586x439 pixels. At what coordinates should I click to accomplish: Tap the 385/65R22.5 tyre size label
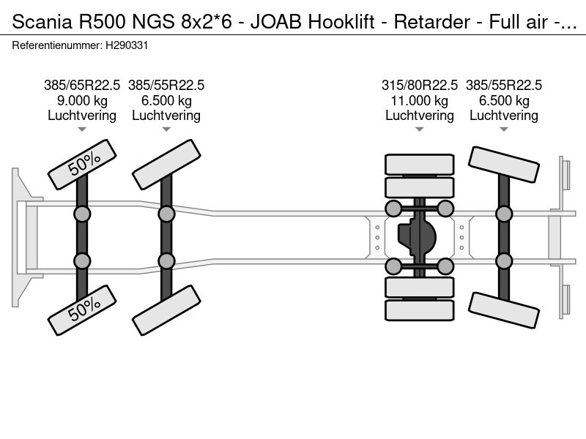click(82, 85)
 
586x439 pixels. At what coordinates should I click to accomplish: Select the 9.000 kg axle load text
click(82, 100)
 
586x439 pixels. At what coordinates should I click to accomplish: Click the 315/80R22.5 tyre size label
click(420, 85)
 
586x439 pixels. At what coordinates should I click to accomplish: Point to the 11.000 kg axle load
click(420, 100)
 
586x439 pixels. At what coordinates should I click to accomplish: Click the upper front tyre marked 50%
click(82, 165)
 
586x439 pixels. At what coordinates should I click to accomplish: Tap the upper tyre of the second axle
click(166, 165)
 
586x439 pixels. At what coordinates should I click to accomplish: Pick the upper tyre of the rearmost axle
click(504, 165)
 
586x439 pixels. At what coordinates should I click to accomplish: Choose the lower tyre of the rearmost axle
click(504, 310)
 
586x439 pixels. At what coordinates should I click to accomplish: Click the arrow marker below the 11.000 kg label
click(420, 130)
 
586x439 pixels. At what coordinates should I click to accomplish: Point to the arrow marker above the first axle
click(82, 130)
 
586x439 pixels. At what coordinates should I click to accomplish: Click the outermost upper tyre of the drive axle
click(419, 164)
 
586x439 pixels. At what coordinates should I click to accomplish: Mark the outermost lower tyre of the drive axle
click(419, 310)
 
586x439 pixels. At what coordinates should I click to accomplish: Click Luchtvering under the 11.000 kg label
click(420, 116)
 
